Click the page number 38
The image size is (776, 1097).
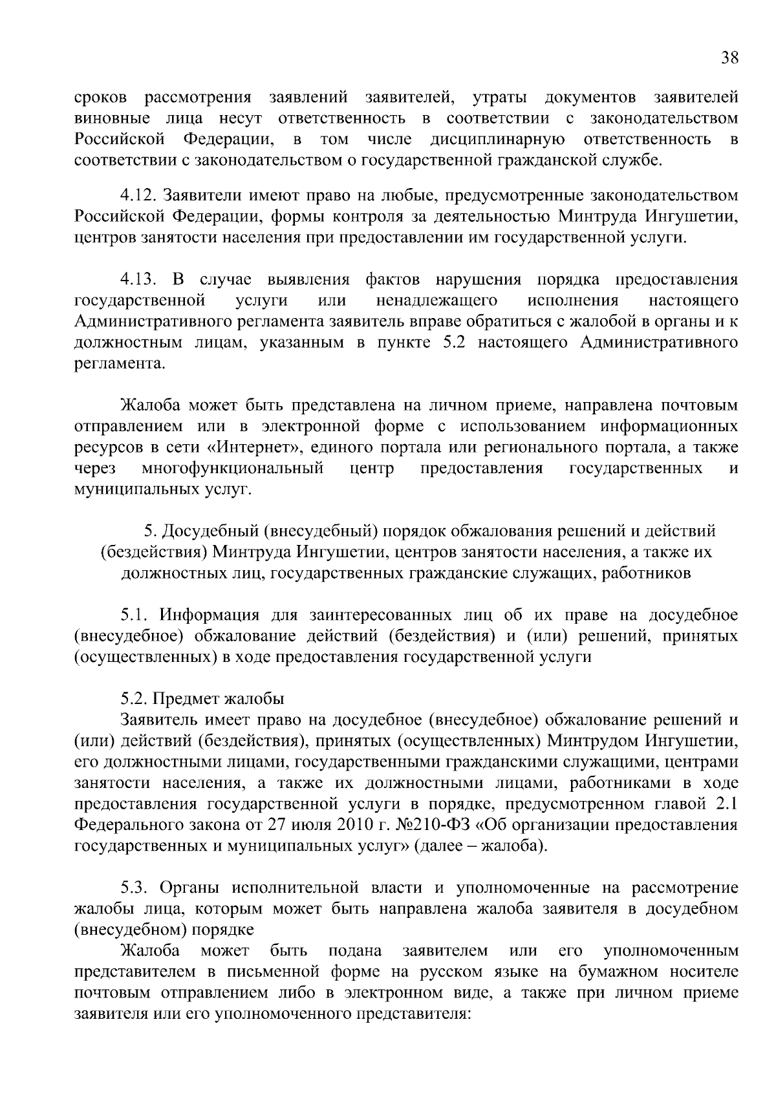pyautogui.click(x=729, y=58)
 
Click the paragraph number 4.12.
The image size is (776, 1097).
pyautogui.click(x=138, y=195)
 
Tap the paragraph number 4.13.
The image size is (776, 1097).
pyautogui.click(x=138, y=279)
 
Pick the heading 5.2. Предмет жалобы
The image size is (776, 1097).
pyautogui.click(x=202, y=699)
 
